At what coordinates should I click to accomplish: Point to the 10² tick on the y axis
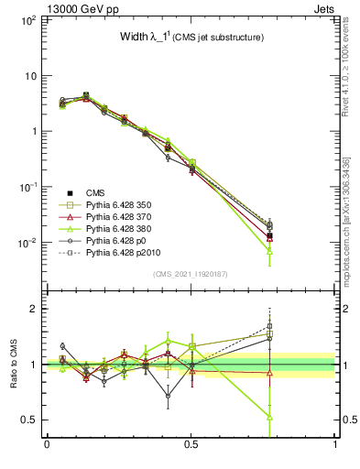click(x=28, y=19)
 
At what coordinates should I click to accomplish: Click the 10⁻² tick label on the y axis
click(x=28, y=243)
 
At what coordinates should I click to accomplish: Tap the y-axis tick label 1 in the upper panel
click(x=34, y=131)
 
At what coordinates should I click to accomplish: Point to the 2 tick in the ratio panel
click(x=34, y=309)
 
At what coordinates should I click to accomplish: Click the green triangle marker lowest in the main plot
click(x=269, y=250)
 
